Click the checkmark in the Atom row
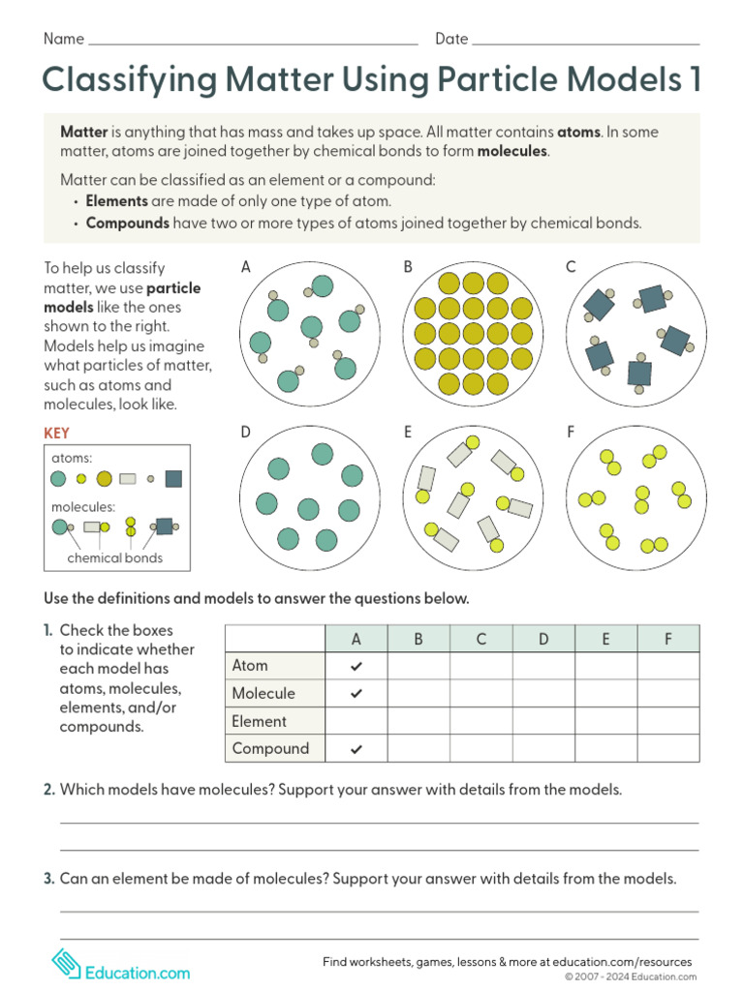356,666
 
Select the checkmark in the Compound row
356,749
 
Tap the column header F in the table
667,639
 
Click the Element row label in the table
259,721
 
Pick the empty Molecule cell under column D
543,694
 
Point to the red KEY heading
56,435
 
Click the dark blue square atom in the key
173,478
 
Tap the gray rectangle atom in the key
128,478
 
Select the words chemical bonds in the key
114,558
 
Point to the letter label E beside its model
408,433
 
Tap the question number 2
48,790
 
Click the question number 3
48,879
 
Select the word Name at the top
64,40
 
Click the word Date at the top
451,40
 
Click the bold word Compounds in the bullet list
127,223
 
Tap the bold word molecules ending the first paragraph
512,152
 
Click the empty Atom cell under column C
481,666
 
